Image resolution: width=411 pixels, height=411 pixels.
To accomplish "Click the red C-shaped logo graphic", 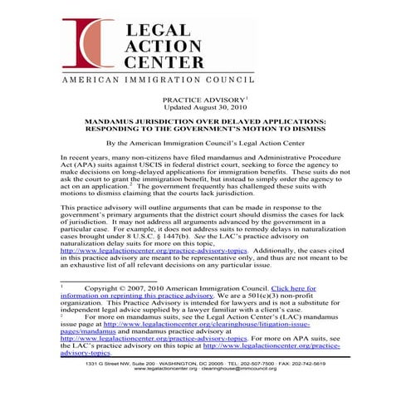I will coord(89,46).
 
